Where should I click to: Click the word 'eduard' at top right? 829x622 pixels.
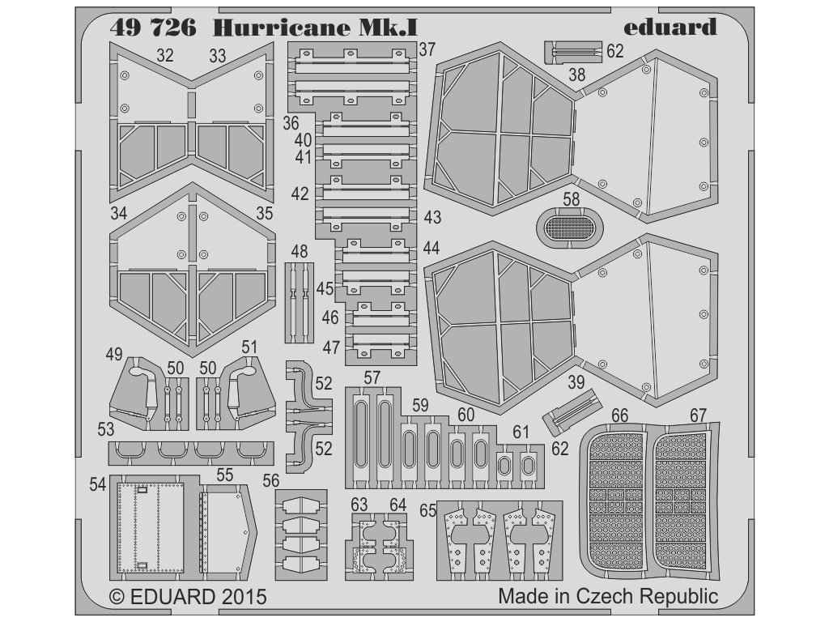[670, 27]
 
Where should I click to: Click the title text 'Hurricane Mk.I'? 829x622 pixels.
[315, 27]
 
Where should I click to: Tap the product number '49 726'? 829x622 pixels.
[155, 27]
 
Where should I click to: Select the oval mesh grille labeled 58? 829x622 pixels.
[571, 219]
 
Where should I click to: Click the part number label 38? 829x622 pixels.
[576, 75]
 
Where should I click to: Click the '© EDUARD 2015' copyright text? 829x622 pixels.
[187, 598]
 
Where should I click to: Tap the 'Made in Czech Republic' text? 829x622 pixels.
[607, 598]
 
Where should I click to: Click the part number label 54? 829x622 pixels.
[98, 484]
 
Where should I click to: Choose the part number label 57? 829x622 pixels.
[372, 378]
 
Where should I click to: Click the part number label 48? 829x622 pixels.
[299, 251]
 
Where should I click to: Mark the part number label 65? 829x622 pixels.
[428, 512]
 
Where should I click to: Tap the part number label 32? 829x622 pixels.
[165, 55]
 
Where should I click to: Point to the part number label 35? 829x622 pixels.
[264, 214]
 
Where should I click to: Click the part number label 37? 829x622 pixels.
[427, 49]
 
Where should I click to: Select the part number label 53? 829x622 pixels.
[104, 428]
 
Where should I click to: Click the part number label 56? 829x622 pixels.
[270, 480]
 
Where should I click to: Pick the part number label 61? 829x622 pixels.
[520, 432]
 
